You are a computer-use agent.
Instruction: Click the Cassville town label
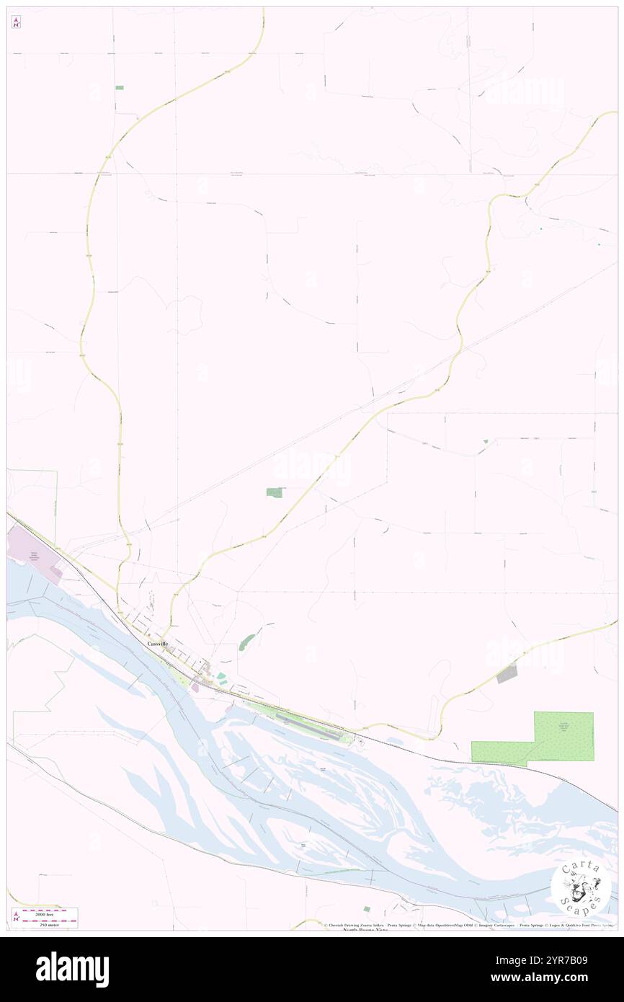(158, 643)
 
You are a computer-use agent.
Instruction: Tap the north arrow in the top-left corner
(16, 22)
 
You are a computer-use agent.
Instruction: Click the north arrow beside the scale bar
(16, 917)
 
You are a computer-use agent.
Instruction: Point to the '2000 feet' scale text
(49, 913)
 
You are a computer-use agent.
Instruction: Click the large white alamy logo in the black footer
(72, 969)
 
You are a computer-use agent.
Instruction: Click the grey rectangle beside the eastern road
(507, 674)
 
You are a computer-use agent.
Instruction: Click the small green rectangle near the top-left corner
(119, 87)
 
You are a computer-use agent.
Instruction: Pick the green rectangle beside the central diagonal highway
(275, 492)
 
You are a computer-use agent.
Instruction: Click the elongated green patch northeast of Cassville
(246, 641)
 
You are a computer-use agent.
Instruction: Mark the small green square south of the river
(367, 909)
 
